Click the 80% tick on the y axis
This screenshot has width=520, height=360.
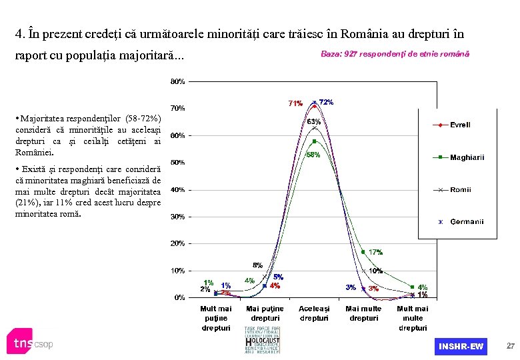177,81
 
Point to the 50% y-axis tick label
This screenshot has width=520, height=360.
177,162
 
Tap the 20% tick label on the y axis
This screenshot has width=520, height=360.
177,243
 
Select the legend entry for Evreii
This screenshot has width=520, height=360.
459,125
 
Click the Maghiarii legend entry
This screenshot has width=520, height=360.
467,157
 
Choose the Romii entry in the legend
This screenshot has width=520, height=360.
459,189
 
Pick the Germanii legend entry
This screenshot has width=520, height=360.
466,221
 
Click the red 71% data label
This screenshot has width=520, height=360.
295,103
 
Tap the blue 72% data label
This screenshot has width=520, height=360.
327,102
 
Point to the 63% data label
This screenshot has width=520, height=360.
314,121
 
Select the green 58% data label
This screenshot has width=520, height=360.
313,155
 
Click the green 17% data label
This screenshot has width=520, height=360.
375,252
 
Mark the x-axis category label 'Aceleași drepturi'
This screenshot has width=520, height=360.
314,313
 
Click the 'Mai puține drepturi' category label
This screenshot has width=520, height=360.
265,313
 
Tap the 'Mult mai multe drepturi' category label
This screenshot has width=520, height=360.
413,318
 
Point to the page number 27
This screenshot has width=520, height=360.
510,346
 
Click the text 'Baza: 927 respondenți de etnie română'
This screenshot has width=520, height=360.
395,53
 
